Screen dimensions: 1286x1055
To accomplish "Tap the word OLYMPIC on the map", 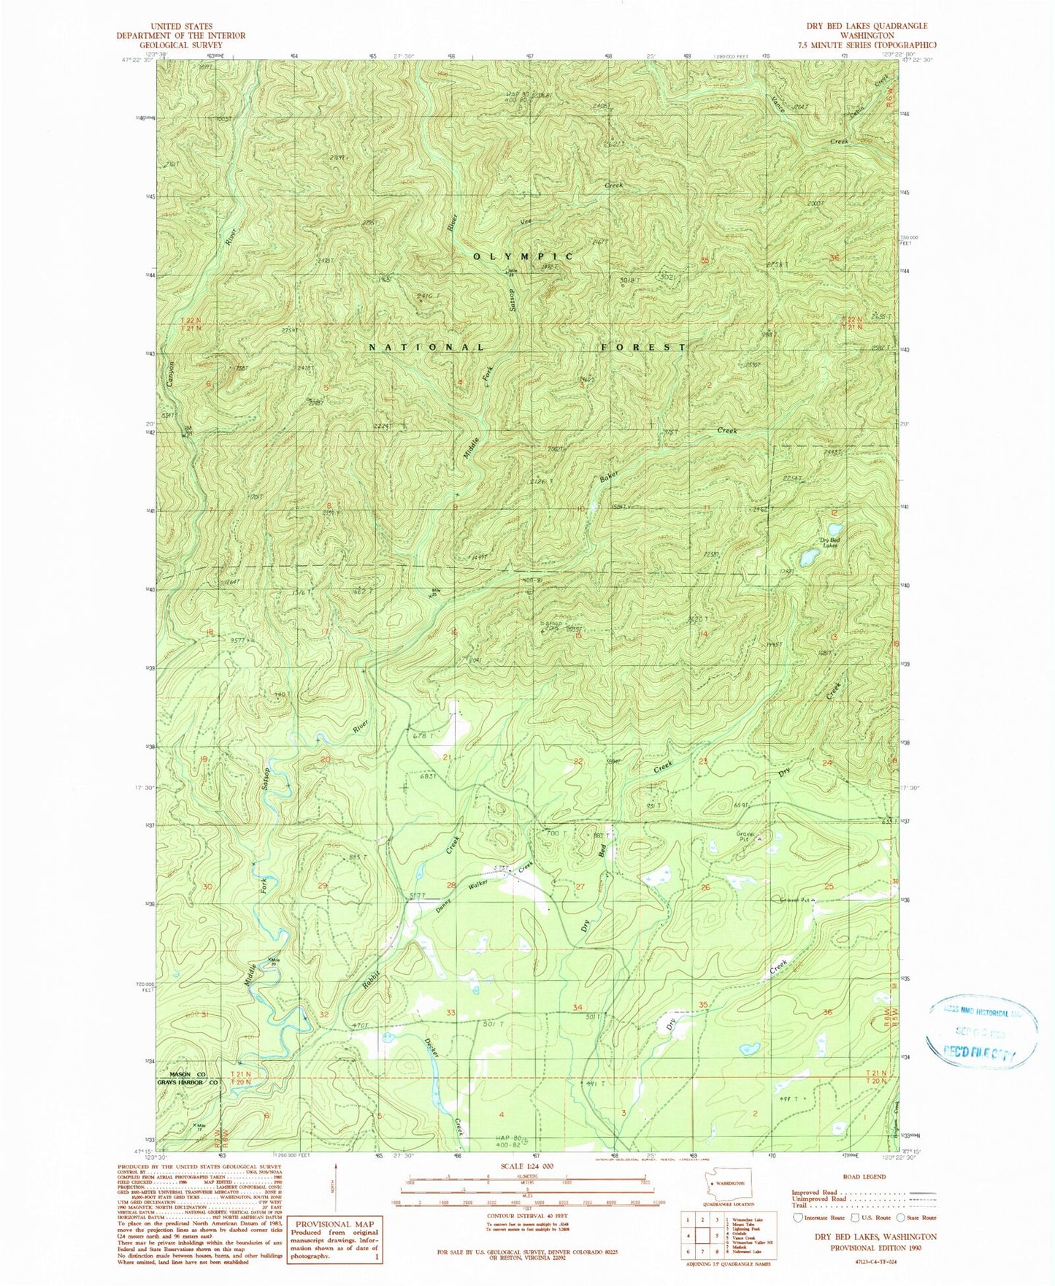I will pos(523,257).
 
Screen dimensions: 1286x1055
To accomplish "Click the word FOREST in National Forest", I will pos(643,348).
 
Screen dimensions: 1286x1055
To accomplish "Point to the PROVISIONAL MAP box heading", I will pos(334,1223).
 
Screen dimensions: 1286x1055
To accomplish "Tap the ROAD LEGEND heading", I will pos(864,1176).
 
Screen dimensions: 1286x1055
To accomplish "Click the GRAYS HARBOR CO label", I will pos(188,1082).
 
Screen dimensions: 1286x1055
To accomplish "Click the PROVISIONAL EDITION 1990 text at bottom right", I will pos(864,1248).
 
